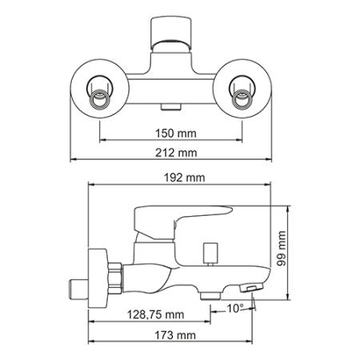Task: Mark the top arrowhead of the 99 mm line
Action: tap(290, 202)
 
